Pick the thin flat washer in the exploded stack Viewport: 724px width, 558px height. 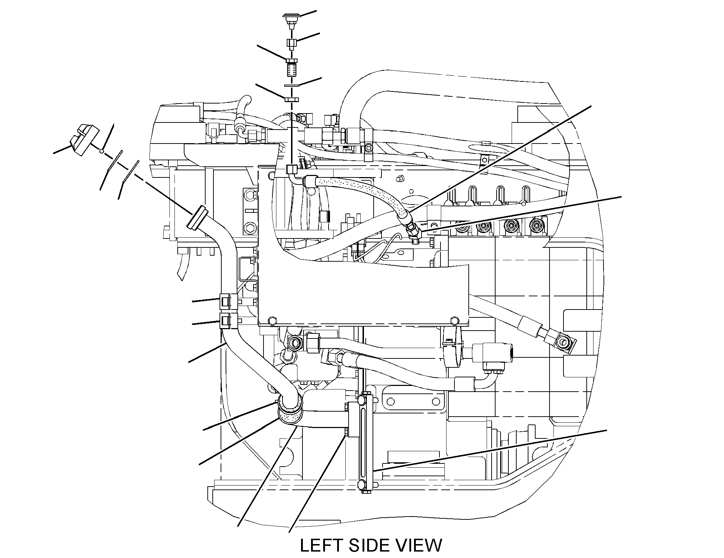292,86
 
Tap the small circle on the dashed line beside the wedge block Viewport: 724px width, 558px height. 102,152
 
